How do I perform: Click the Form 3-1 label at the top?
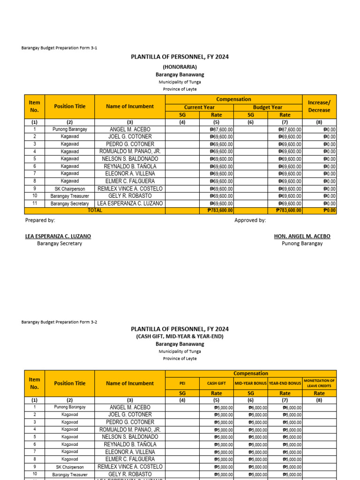[60, 48]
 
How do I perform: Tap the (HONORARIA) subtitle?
[180, 67]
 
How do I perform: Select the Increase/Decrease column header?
[319, 106]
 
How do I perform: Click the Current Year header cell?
[199, 107]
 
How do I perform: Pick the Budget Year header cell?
[268, 107]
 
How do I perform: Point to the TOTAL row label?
[95, 210]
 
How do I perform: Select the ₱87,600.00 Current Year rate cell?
[222, 129]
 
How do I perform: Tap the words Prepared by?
[40, 220]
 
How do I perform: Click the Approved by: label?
[250, 220]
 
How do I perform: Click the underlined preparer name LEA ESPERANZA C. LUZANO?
[58, 236]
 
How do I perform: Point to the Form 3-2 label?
[60, 322]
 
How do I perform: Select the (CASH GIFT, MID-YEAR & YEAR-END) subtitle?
[180, 336]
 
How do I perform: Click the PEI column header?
[182, 383]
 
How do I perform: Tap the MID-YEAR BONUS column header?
[251, 383]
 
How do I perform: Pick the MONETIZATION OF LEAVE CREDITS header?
[319, 383]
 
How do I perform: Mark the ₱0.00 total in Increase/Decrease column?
[330, 210]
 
